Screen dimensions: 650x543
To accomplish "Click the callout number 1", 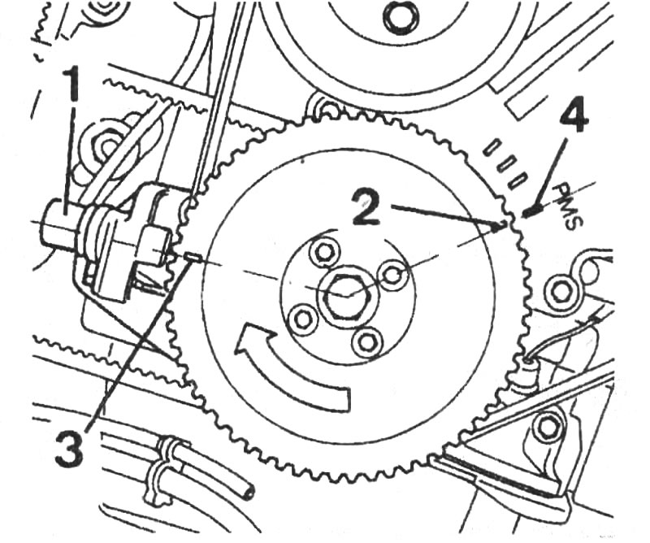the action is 71,84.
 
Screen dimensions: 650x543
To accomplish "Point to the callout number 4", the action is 574,117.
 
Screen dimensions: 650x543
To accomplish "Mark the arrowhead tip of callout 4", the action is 523,215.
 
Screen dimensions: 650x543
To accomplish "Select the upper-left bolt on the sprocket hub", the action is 324,251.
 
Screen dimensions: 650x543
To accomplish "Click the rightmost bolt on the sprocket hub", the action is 394,274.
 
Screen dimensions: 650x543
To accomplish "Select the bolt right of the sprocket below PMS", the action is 561,292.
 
